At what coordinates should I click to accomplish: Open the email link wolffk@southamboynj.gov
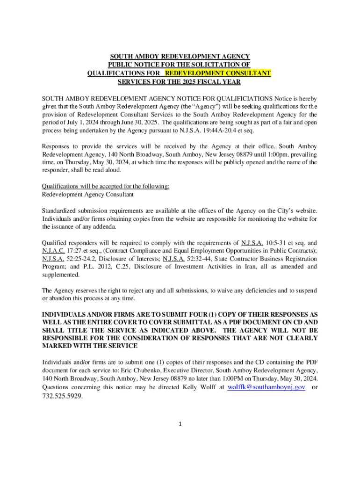tap(266, 387)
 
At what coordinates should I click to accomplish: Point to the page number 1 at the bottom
tap(180, 424)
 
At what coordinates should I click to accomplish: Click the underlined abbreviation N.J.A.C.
tap(53, 251)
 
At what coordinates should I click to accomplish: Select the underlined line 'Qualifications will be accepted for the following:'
tap(106, 186)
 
